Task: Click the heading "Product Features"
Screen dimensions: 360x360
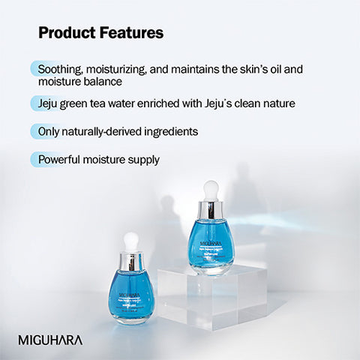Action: pyautogui.click(x=100, y=33)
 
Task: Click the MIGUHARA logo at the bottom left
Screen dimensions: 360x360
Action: pyautogui.click(x=50, y=340)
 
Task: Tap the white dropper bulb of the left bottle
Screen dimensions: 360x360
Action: pyautogui.click(x=130, y=241)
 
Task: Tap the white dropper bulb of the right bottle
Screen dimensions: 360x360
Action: pyautogui.click(x=211, y=187)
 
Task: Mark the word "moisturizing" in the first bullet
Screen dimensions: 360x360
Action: pyautogui.click(x=116, y=68)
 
